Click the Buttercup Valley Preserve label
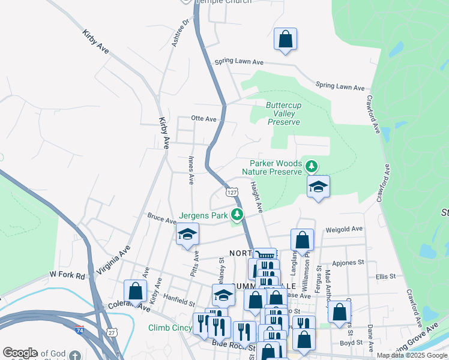click(283, 113)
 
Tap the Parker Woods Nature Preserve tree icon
click(311, 166)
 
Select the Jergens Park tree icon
click(238, 214)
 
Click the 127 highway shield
click(231, 192)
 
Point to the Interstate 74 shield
click(80, 330)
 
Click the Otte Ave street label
click(203, 119)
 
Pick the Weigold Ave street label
click(344, 229)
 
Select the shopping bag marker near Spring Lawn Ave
click(286, 40)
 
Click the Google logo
click(20, 353)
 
